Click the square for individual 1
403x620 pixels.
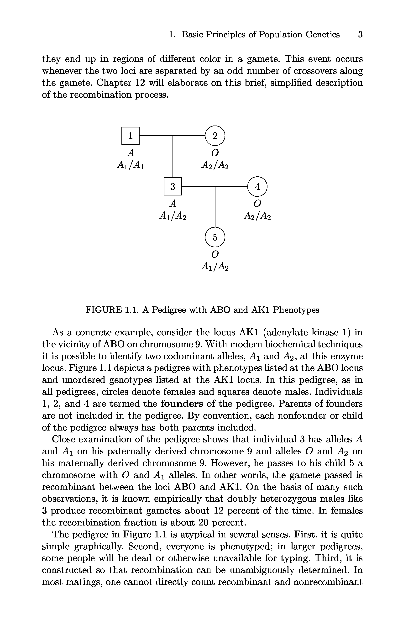tap(130, 136)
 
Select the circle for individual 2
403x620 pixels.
tap(215, 136)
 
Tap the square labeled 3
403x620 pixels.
tap(173, 186)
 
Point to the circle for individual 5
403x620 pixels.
tap(215, 237)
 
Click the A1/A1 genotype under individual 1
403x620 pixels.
tap(130, 165)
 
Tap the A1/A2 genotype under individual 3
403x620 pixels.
tap(173, 215)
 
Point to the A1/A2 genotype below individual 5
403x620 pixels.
tap(215, 266)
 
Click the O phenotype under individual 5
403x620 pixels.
tap(215, 254)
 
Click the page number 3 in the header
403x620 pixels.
tap(360, 34)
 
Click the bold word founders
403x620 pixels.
tap(182, 404)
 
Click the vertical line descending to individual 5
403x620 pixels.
tap(215, 207)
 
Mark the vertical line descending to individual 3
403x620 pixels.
tap(173, 156)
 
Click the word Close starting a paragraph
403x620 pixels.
tap(63, 439)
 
